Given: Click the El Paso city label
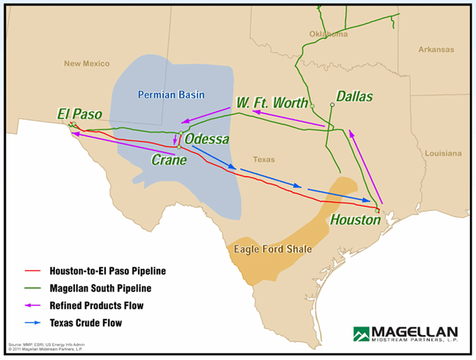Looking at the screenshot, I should (x=79, y=114).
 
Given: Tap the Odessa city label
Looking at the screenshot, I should (x=206, y=139).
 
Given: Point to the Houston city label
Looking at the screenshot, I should (x=356, y=220).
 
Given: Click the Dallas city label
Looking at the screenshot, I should (x=354, y=96).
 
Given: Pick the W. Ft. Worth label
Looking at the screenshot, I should (x=272, y=102).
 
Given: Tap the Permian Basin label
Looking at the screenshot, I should (x=171, y=94).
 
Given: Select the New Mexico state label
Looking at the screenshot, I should (x=86, y=63).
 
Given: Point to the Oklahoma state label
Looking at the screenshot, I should (x=328, y=34).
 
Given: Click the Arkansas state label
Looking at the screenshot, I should (x=436, y=49).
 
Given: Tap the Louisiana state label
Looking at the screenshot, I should (x=443, y=153).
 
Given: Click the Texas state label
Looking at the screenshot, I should (x=263, y=159).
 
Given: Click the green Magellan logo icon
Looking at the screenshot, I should (x=362, y=334).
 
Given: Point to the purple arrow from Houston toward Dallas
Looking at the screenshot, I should (x=364, y=165).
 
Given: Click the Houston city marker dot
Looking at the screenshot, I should (x=378, y=210).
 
